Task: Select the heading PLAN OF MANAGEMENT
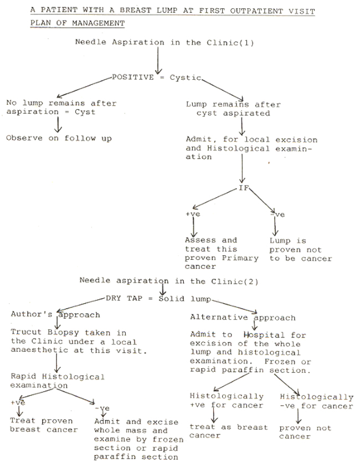point(77,23)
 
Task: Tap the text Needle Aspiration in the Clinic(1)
point(164,43)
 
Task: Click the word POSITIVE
point(133,77)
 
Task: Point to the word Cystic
point(186,78)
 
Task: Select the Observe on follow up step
point(59,138)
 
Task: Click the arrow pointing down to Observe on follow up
point(58,125)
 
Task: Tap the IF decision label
point(244,188)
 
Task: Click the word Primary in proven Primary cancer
point(240,258)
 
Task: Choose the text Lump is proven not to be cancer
point(301,250)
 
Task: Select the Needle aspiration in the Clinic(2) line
point(169,281)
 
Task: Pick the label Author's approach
point(55,314)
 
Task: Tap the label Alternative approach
point(243,318)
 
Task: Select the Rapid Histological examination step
point(58,381)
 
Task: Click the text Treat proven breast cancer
point(44,425)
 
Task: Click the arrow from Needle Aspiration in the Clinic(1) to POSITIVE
point(158,60)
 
